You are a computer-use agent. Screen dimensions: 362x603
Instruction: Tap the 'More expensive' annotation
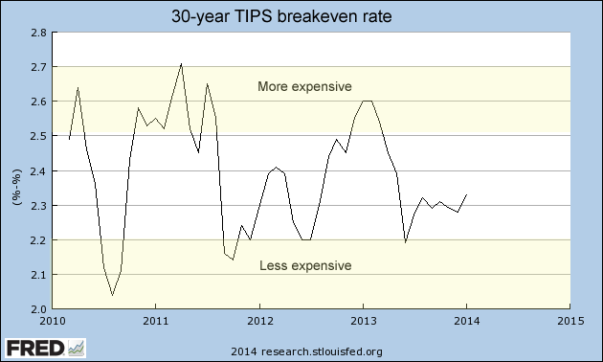point(304,87)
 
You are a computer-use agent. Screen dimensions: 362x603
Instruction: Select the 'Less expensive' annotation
point(305,265)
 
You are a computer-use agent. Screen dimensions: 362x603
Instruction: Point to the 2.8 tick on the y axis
point(38,33)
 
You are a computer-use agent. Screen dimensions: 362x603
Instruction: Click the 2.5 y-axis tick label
point(38,136)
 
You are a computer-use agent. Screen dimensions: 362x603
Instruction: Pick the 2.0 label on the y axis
point(38,309)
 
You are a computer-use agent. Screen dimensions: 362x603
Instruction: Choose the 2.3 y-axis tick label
point(38,206)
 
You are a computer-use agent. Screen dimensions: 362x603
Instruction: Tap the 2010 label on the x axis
point(53,321)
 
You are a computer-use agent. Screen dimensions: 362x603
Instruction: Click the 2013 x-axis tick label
point(363,321)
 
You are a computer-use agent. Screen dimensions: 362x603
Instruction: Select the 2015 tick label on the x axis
point(569,321)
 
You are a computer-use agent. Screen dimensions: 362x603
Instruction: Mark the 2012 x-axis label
point(259,321)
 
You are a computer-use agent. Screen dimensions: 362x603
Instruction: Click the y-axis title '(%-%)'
point(16,170)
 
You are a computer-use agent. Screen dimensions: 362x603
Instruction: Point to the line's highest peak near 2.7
point(182,64)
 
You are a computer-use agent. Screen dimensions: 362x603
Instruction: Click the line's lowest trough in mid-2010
point(112,295)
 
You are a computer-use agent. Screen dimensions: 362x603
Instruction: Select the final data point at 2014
point(466,194)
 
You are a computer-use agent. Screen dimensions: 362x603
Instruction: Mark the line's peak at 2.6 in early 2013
point(367,102)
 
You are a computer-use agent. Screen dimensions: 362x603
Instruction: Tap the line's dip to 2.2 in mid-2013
point(406,242)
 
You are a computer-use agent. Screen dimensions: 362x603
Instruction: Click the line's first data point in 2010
point(69,140)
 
